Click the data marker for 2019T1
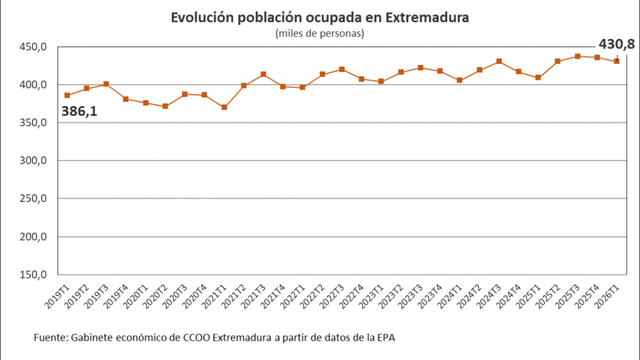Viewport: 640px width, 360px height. pos(67,95)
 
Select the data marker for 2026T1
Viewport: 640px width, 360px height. pos(616,61)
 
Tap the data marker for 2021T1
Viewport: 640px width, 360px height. pos(224,107)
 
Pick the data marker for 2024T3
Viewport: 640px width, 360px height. pos(499,61)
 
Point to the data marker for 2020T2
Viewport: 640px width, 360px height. pos(165,106)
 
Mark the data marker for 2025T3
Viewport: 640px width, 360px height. pos(577,56)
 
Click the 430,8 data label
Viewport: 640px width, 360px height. pos(616,44)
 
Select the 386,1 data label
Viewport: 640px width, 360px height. pos(79,111)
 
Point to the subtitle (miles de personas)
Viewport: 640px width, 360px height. pos(320,34)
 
